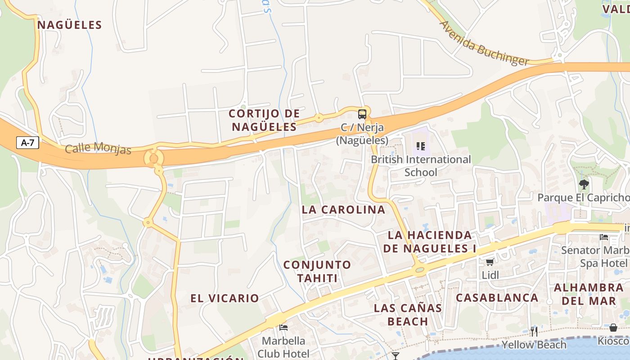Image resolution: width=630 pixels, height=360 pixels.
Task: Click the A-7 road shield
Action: pyautogui.click(x=28, y=143)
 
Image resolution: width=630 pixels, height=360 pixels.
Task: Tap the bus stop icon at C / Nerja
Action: pyautogui.click(x=362, y=114)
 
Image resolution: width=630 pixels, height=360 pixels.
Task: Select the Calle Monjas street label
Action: pyautogui.click(x=98, y=148)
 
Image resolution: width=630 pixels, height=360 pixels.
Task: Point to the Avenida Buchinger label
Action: pyautogui.click(x=484, y=43)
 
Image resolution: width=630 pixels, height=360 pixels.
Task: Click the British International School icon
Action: pyautogui.click(x=421, y=146)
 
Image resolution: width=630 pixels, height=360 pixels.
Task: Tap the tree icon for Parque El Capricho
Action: pyautogui.click(x=584, y=184)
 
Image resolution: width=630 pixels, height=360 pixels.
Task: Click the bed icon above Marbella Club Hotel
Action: pyautogui.click(x=283, y=327)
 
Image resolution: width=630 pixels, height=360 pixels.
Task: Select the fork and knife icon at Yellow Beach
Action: pyautogui.click(x=534, y=332)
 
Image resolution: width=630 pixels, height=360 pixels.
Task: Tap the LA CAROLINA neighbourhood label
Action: pyautogui.click(x=343, y=210)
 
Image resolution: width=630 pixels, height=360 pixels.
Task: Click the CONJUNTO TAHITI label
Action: pyautogui.click(x=317, y=271)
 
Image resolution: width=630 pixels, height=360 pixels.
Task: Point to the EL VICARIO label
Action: pyautogui.click(x=225, y=298)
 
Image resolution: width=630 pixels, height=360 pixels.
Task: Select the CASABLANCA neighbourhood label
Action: pyautogui.click(x=497, y=297)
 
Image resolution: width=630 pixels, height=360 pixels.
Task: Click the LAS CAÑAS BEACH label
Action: pyautogui.click(x=408, y=315)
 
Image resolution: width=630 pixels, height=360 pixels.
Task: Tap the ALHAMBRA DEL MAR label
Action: pyautogui.click(x=589, y=294)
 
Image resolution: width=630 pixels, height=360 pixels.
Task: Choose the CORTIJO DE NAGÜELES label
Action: pyautogui.click(x=264, y=120)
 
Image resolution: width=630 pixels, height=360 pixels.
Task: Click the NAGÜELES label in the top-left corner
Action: pyautogui.click(x=70, y=25)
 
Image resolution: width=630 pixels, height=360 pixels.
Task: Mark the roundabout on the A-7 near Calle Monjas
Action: pyautogui.click(x=153, y=158)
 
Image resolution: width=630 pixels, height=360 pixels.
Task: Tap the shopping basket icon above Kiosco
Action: pyautogui.click(x=613, y=328)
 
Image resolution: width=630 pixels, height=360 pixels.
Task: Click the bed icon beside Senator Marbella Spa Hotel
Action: pyautogui.click(x=604, y=237)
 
